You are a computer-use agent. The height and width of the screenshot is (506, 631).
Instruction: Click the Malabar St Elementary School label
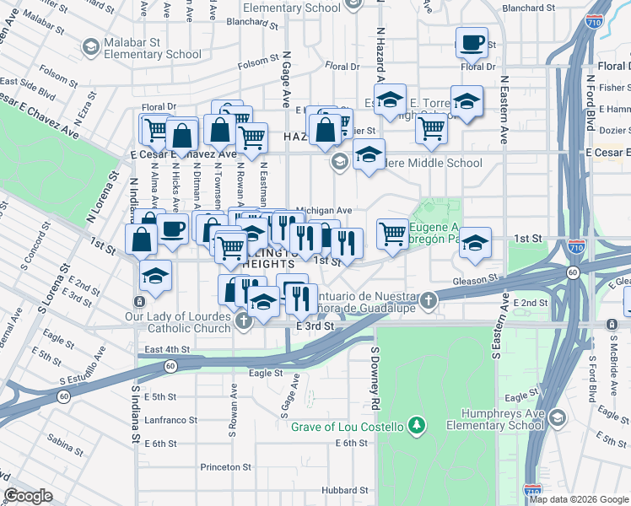point(152,49)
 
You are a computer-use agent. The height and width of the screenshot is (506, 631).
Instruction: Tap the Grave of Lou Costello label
point(348,426)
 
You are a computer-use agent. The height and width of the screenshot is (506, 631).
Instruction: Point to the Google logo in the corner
point(28,496)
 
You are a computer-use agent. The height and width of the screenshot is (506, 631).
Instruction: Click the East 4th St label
point(167,349)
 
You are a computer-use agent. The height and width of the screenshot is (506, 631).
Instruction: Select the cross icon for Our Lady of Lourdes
point(243,320)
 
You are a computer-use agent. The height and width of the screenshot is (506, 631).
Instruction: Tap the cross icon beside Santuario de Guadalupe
point(429,300)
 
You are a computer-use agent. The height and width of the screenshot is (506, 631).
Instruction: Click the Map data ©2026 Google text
point(579,499)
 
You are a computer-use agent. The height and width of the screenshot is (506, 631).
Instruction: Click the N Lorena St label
point(102,198)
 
